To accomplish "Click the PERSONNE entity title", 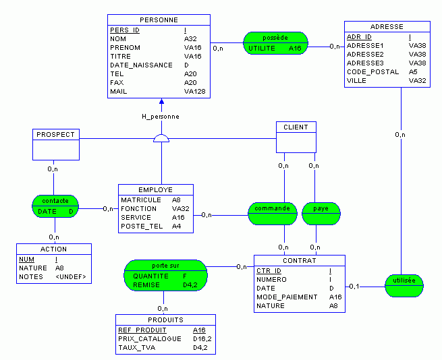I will pos(159,20).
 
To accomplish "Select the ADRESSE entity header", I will pos(387,27).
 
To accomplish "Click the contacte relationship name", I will pos(55,201).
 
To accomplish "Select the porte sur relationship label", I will pos(165,265).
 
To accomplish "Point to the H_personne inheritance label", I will pos(161,117).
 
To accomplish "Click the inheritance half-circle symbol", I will pos(161,139).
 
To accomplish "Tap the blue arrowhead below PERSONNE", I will pos(161,102).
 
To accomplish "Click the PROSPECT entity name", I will pos(55,134).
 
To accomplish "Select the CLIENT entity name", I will pos(296,127).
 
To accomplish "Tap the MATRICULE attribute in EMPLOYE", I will pos(140,200).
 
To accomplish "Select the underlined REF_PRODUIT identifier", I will pos(142,330).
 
